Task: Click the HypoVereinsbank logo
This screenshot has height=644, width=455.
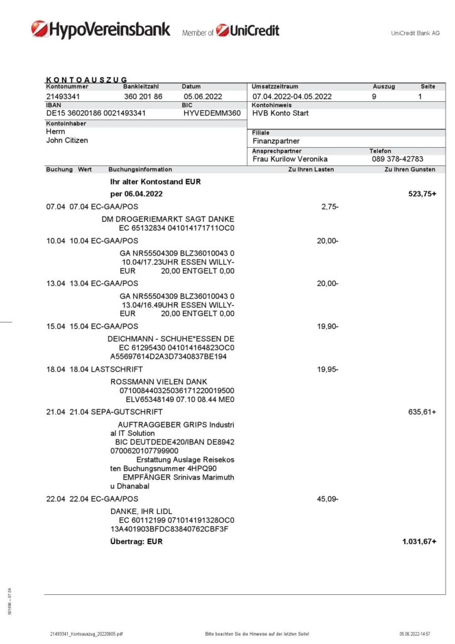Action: point(101,30)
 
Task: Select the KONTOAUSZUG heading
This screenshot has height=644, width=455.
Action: point(87,79)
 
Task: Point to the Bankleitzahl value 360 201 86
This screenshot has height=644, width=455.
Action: point(143,97)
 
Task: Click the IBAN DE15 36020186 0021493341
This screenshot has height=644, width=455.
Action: point(96,113)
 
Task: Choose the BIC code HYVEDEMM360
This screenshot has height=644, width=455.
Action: point(212,113)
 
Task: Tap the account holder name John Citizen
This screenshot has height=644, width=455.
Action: point(67,140)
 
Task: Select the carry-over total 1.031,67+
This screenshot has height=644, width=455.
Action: point(419,541)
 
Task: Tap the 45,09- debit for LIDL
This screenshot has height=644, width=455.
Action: point(327,499)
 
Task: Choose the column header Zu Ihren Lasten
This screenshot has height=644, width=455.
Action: point(310,170)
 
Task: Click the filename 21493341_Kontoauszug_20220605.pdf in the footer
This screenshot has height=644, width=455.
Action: point(87,634)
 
